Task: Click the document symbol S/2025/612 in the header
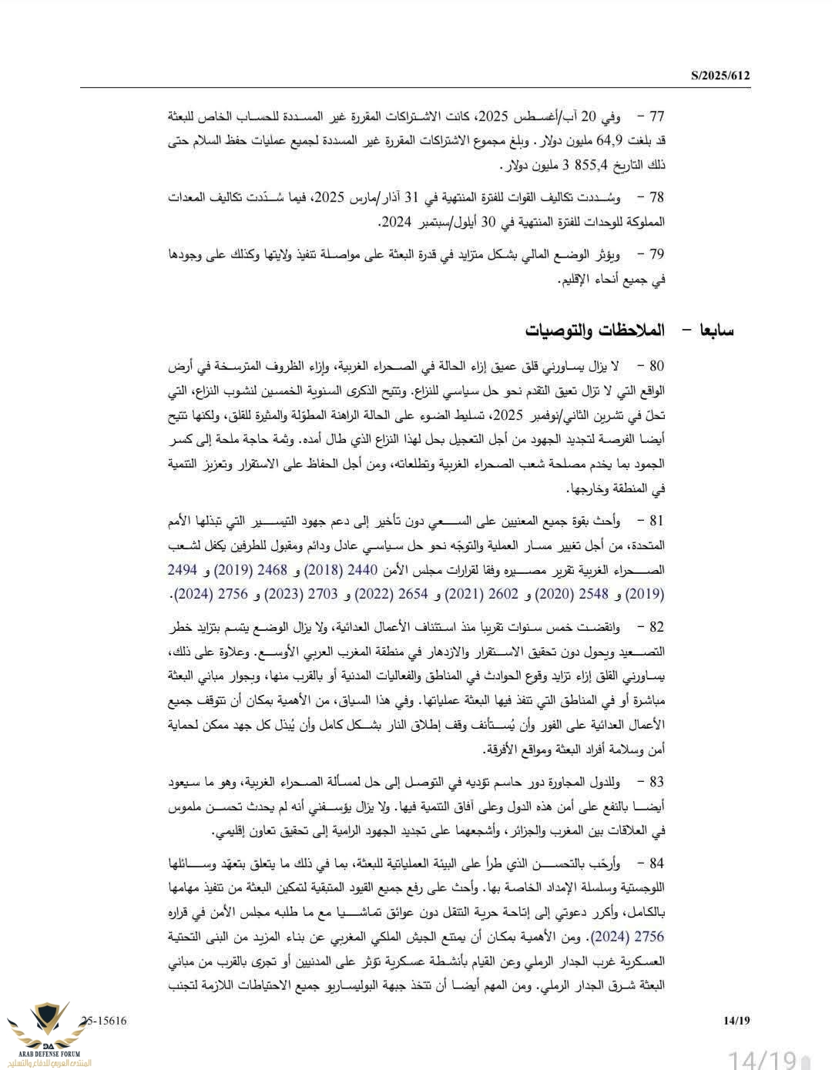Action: point(720,75)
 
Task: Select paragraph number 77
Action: point(656,117)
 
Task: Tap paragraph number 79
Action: point(656,254)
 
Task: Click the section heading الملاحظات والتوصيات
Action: point(595,330)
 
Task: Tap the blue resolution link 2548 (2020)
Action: point(579,595)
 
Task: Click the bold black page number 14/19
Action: point(736,1021)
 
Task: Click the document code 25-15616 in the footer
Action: point(103,1021)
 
